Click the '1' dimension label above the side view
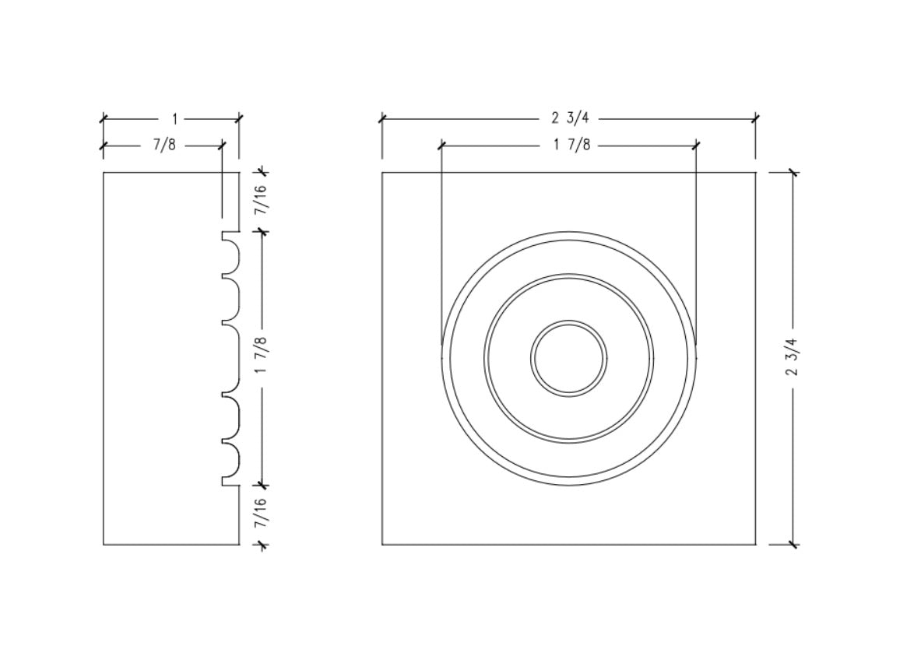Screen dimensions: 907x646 pyautogui.click(x=174, y=119)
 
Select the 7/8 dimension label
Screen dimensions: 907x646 pyautogui.click(x=164, y=145)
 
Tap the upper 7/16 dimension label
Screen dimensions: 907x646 pyautogui.click(x=261, y=200)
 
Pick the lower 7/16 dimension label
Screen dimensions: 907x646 pyautogui.click(x=261, y=513)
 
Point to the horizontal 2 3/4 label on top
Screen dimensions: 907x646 pyautogui.click(x=571, y=118)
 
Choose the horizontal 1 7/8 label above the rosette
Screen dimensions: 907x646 pyautogui.click(x=572, y=145)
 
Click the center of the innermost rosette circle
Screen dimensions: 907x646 pyautogui.click(x=568, y=358)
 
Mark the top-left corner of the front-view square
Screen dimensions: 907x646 pyautogui.click(x=381, y=172)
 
